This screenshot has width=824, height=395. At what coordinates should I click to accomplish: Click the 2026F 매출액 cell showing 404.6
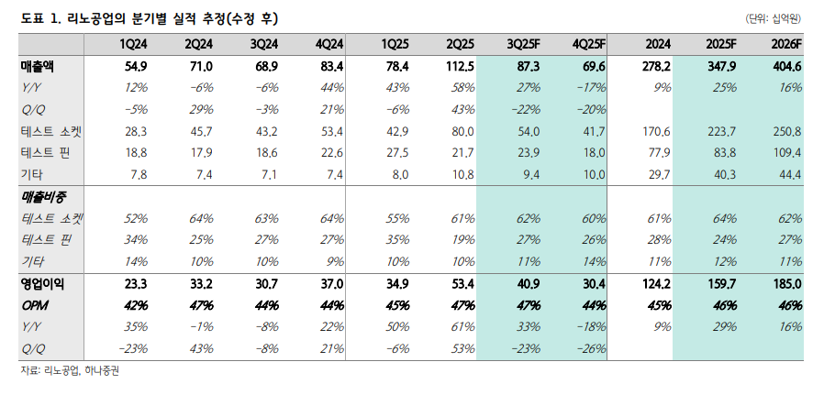coord(784,66)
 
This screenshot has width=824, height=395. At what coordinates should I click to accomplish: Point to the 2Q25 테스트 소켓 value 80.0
coord(460,131)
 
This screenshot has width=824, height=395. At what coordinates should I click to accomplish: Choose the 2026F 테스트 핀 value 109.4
coord(785,152)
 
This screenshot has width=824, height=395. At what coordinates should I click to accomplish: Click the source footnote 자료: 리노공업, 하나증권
coord(71,370)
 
